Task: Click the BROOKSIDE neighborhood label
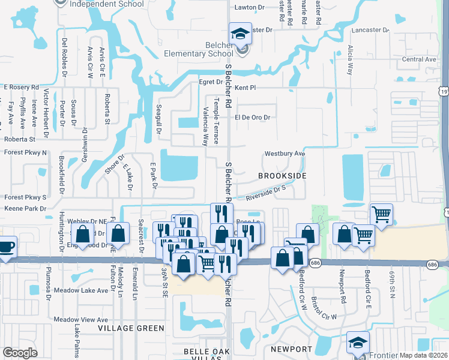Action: point(282,176)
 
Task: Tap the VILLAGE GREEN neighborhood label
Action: point(131,328)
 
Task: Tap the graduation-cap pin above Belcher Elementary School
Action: point(240,34)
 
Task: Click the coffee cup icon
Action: point(5,247)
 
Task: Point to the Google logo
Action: point(20,353)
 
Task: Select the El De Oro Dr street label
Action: point(253,118)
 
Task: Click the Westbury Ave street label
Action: point(285,154)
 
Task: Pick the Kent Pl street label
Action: point(246,88)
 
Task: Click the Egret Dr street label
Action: point(211,82)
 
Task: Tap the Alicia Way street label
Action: point(350,60)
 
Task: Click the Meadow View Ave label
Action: point(80,319)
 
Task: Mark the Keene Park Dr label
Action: point(25,209)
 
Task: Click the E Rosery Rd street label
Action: point(21,87)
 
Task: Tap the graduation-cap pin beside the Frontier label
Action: point(358,343)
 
